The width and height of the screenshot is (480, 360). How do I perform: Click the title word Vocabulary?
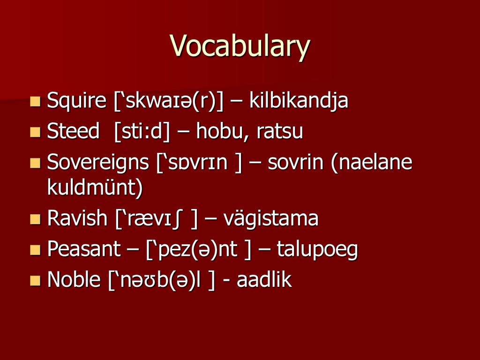(x=240, y=46)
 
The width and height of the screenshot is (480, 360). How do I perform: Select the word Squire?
(x=76, y=100)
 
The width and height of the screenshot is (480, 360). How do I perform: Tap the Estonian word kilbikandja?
(x=299, y=100)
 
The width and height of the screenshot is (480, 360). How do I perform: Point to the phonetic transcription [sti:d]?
(x=142, y=131)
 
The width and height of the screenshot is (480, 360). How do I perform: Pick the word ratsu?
(x=280, y=132)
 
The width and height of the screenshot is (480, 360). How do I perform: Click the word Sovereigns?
(x=98, y=162)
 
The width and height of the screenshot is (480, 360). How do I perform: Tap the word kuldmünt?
(x=95, y=187)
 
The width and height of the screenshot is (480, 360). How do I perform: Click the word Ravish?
(x=77, y=218)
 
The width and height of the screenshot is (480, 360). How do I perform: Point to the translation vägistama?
(x=271, y=219)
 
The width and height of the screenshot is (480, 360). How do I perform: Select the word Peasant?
(x=84, y=248)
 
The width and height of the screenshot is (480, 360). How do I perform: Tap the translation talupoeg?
(x=317, y=249)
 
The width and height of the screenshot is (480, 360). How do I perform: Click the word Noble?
(x=74, y=279)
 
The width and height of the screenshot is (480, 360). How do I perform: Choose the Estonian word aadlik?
(x=264, y=279)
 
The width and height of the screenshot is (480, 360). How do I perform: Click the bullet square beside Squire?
(x=35, y=101)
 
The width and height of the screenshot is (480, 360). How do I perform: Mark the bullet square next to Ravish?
(x=35, y=219)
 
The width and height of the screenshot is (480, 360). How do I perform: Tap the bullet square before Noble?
(x=35, y=280)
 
